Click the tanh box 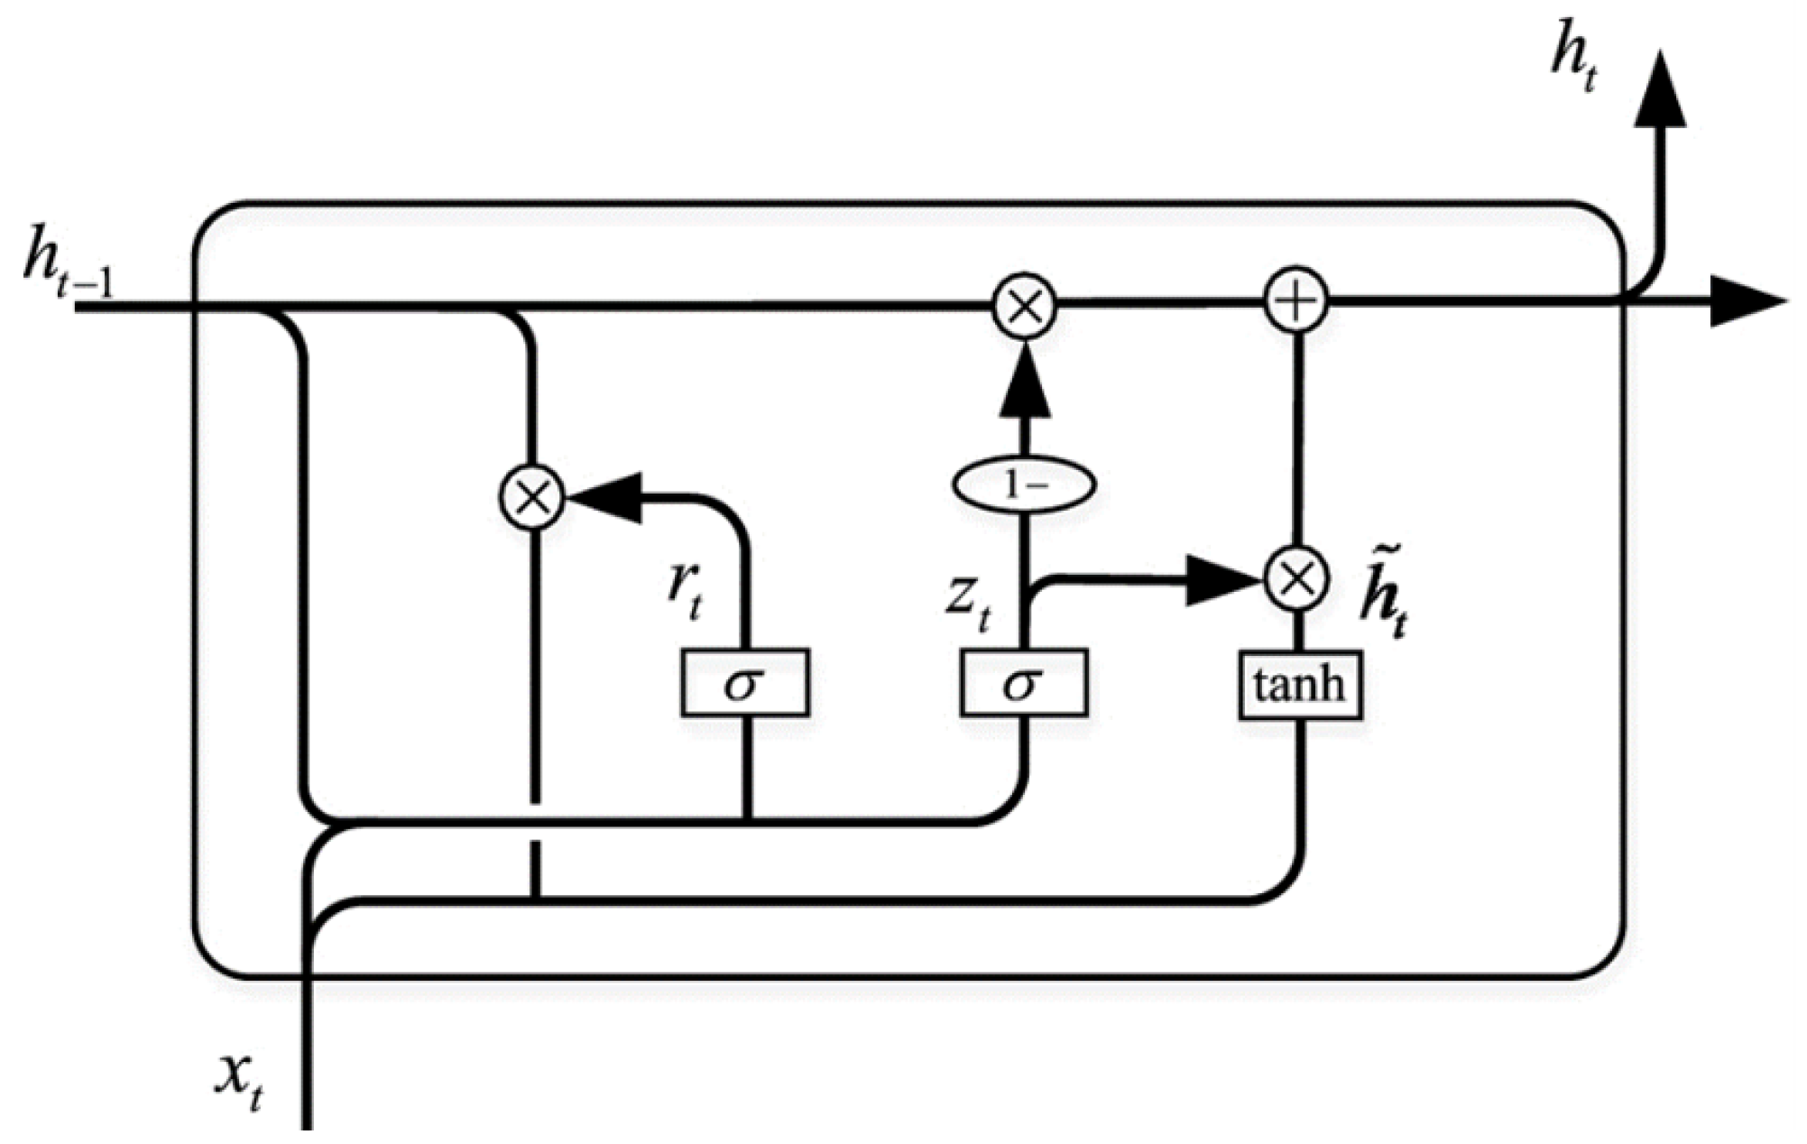(x=1300, y=686)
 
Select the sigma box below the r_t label (x=745, y=683)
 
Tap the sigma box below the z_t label (x=1024, y=683)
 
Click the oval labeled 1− (x=1024, y=485)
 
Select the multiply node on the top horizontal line (x=1024, y=308)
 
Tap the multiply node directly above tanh (x=1296, y=578)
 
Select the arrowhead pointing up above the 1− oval (x=1024, y=383)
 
